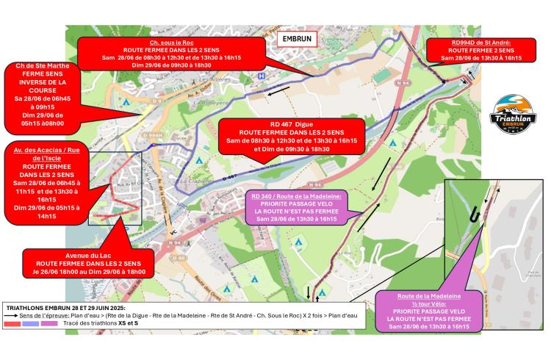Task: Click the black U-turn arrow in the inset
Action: coord(475,212)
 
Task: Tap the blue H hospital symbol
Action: coord(252,76)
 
